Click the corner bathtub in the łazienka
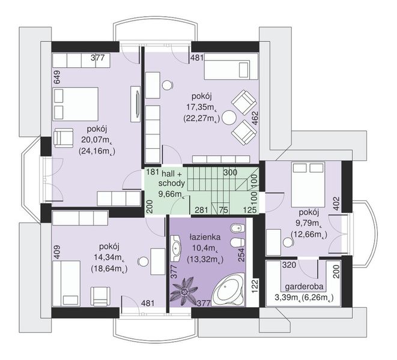[x=228, y=290]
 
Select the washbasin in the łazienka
[x=176, y=248]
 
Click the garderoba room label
[x=304, y=287]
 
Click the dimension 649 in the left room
[x=57, y=77]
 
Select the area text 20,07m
[x=97, y=140]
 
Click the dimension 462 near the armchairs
[x=255, y=118]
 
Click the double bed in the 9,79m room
[x=308, y=185]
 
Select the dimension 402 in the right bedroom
[x=336, y=203]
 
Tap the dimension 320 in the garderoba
[x=289, y=265]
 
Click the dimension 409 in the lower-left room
[x=57, y=252]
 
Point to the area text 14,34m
[x=109, y=257]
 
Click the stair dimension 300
[x=230, y=173]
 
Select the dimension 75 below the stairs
[x=223, y=210]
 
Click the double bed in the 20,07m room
[x=76, y=104]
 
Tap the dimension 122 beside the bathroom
[x=255, y=286]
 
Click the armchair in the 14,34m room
[x=102, y=296]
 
